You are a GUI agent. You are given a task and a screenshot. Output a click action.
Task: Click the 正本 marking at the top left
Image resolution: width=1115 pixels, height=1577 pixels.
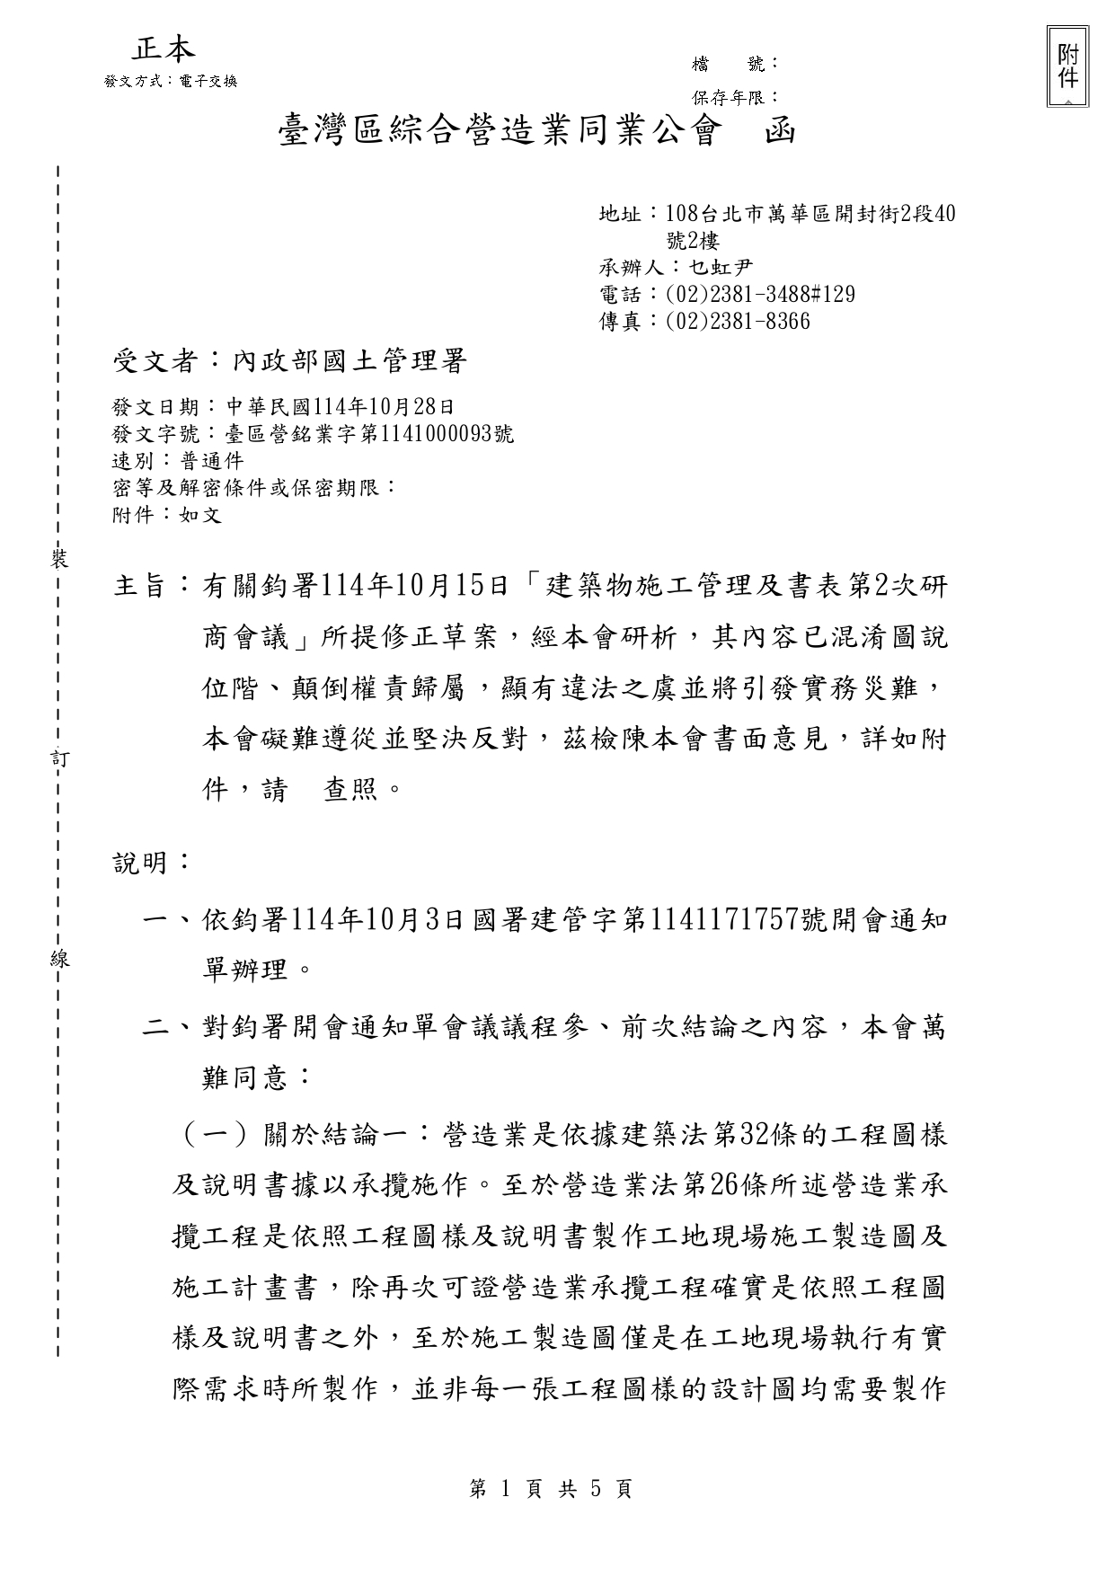click(x=164, y=49)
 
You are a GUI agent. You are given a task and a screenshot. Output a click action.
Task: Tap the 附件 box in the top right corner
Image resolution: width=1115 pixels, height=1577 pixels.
click(x=1067, y=66)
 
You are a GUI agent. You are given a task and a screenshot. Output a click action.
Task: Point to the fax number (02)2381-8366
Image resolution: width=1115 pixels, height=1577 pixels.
click(x=738, y=322)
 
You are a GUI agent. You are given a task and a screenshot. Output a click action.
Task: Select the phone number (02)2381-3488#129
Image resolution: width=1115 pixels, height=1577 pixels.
click(x=760, y=295)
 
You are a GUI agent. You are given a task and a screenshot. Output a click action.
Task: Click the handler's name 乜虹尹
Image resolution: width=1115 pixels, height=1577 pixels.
click(x=721, y=267)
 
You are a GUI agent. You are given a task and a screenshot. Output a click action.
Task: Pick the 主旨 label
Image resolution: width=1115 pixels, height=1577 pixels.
click(x=140, y=587)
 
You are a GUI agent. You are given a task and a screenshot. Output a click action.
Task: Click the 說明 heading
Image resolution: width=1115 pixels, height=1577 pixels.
click(x=140, y=863)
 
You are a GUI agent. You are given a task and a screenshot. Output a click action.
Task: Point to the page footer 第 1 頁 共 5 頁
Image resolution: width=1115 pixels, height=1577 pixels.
click(x=551, y=1490)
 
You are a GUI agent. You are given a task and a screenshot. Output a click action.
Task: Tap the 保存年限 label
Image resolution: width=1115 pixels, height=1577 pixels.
click(x=729, y=97)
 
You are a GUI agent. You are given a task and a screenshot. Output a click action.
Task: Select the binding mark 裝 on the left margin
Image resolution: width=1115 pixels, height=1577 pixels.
click(x=59, y=560)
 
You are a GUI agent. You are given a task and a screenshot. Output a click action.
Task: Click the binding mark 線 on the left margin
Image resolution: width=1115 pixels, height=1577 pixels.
click(x=59, y=958)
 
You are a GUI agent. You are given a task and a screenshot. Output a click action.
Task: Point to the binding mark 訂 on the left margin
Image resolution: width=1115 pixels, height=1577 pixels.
click(x=59, y=758)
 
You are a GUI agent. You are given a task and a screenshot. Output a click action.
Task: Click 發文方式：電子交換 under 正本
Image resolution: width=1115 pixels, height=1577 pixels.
click(x=171, y=81)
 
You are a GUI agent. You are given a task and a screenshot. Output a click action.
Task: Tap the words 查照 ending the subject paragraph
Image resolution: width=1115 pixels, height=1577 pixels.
click(x=350, y=791)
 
